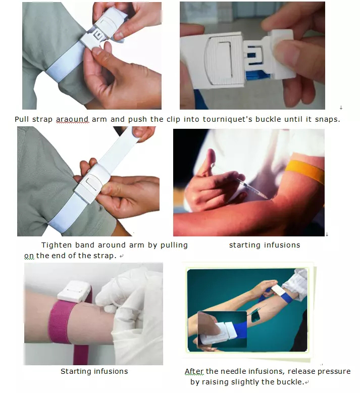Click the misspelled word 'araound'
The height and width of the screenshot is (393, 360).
[x=72, y=119]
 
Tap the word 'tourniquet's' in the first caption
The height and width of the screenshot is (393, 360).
[x=227, y=119]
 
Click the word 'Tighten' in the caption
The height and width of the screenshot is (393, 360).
[x=57, y=245]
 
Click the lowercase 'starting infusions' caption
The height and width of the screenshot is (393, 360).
[x=265, y=245]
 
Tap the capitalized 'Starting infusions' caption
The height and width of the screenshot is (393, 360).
[x=94, y=371]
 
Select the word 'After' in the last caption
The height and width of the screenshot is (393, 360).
[x=194, y=371]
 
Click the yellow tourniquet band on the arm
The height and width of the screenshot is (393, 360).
[x=305, y=171]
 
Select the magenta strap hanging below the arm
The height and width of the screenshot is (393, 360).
[x=81, y=354]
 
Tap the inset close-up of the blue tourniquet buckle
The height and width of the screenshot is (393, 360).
[x=222, y=329]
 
